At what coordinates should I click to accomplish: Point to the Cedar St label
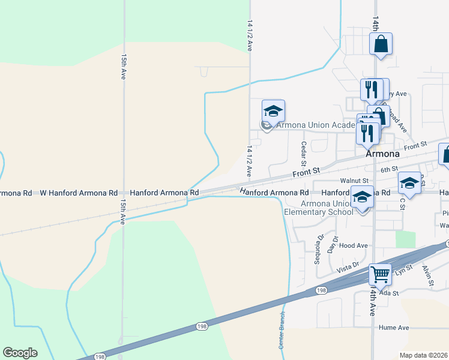tap(304, 155)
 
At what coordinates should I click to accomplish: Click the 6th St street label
tap(390, 170)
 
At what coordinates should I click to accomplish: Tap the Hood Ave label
tap(353, 245)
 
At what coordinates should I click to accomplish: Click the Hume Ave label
tap(394, 328)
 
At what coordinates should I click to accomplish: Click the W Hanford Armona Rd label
tap(79, 193)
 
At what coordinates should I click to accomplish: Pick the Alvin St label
tap(427, 275)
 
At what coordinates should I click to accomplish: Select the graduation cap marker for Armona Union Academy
tap(273, 112)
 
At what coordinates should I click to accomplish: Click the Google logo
tap(20, 353)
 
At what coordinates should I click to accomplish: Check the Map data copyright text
tap(424, 355)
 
